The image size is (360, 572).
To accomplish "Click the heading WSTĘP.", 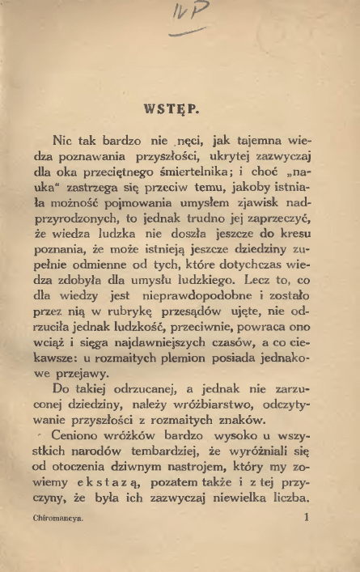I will [180, 107].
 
